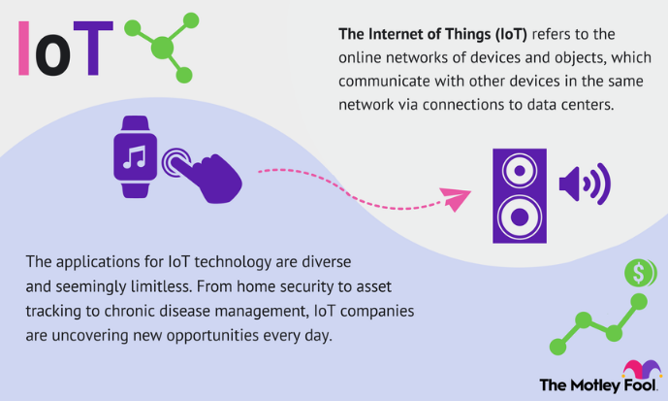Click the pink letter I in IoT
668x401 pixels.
coord(24,49)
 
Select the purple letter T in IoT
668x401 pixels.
coord(93,49)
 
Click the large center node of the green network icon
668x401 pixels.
coord(162,48)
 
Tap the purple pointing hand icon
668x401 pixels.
coord(204,175)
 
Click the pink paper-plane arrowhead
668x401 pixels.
coord(456,199)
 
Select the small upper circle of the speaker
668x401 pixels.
coord(520,171)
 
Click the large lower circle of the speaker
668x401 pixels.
coord(520,217)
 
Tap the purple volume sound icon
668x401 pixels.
coord(585,184)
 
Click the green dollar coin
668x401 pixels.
coord(640,273)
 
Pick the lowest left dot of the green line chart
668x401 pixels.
coord(558,347)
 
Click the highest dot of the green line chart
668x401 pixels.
coord(639,302)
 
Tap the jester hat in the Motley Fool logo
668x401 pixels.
coord(643,369)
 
